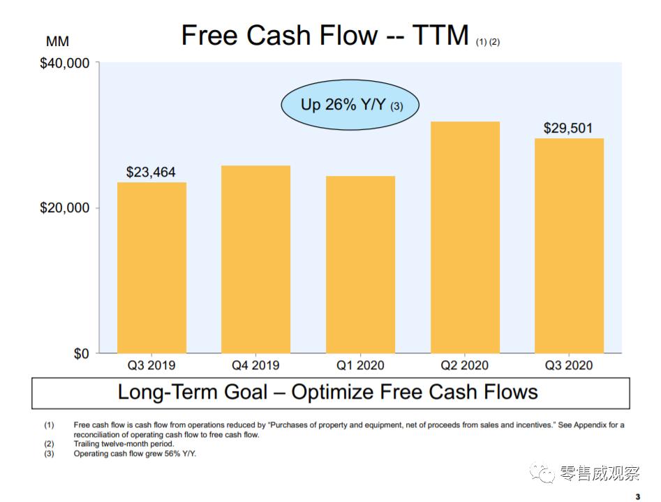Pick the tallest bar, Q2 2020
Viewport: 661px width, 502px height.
click(465, 237)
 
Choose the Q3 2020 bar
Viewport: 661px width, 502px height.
click(569, 246)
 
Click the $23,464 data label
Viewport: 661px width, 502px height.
click(151, 172)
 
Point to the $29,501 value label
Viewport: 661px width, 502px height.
click(568, 128)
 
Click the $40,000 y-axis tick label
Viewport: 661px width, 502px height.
click(65, 64)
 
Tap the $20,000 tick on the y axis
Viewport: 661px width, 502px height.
click(65, 208)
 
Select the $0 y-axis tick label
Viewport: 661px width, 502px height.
click(82, 354)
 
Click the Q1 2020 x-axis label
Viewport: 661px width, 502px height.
click(360, 365)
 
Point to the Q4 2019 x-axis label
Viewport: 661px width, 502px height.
click(255, 365)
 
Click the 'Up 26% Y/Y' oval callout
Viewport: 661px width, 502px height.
click(350, 105)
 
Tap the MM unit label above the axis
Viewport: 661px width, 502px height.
click(58, 41)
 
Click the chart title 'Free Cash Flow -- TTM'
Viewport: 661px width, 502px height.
click(325, 35)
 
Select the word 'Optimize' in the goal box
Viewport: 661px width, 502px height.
click(332, 392)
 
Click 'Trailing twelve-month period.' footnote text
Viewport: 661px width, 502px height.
click(124, 444)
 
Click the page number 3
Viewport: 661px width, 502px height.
click(637, 496)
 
